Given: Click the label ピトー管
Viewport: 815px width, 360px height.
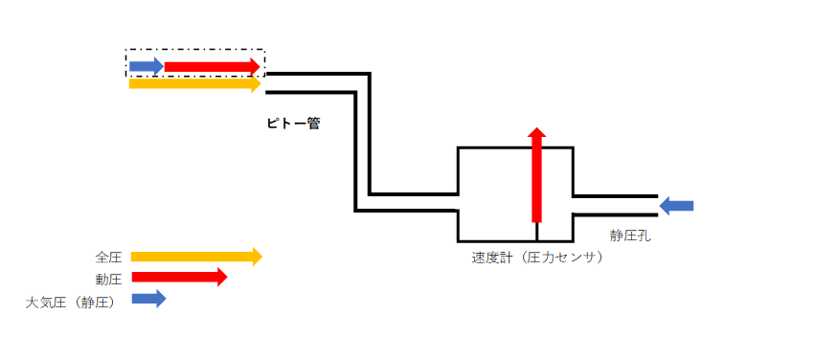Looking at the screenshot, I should (293, 124).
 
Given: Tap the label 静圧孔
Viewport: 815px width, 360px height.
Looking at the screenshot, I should (630, 235).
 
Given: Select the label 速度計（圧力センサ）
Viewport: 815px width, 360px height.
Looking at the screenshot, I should (537, 258).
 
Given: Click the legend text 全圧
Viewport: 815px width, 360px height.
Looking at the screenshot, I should (108, 257).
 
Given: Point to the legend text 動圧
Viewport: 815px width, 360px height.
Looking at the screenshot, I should (108, 279).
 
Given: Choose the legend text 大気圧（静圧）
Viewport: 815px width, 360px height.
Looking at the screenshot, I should (70, 302).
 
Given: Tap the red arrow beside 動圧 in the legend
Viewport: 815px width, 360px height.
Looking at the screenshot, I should (178, 278).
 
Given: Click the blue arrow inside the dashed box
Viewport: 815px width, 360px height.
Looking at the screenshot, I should (146, 66).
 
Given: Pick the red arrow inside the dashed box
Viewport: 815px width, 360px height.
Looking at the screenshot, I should (212, 66).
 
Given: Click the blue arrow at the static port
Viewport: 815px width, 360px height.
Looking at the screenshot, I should (676, 205).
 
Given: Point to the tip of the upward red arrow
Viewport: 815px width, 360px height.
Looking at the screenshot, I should (536, 128).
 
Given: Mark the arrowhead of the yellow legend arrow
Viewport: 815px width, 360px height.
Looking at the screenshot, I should (256, 257).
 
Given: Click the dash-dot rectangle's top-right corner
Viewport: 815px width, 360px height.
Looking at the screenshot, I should (264, 50).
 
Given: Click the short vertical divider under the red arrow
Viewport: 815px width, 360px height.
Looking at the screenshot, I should (536, 231).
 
